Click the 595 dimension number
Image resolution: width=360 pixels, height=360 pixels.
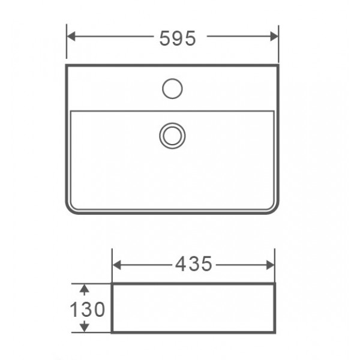click(178, 38)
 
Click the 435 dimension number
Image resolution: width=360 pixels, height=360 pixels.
click(194, 264)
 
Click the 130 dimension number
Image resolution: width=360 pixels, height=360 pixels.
click(88, 309)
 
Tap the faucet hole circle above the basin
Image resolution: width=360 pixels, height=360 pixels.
click(172, 89)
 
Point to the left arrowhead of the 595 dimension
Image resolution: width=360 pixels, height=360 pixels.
click(71, 36)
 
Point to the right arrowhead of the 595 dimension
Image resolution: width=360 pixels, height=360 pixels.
click(274, 36)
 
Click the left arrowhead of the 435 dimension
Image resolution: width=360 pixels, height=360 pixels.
click(117, 265)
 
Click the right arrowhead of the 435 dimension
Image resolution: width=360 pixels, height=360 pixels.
click(270, 265)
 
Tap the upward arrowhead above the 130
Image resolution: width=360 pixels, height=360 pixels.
click(85, 289)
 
